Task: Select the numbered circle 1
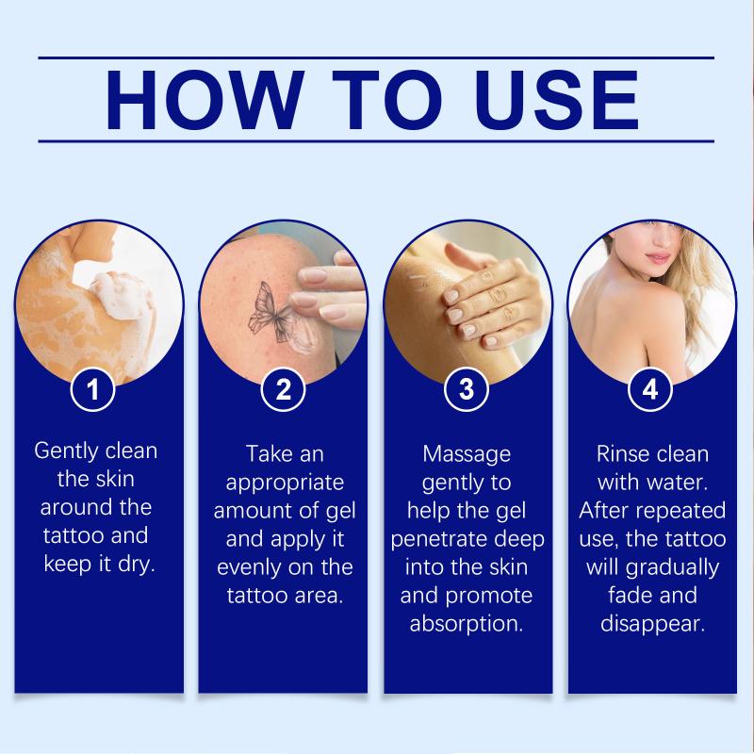[x=92, y=389]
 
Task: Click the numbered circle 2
[x=284, y=389]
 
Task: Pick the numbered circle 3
[x=467, y=389]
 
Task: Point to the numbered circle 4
[x=650, y=389]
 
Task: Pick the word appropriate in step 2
[x=285, y=484]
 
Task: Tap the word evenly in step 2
[x=249, y=568]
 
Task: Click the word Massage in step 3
[x=467, y=455]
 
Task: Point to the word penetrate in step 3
[x=438, y=539]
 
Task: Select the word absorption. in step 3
[x=467, y=624]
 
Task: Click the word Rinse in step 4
[x=618, y=454]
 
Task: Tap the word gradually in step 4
[x=672, y=568]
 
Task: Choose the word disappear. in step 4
[x=652, y=624]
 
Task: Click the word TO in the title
[x=387, y=100]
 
